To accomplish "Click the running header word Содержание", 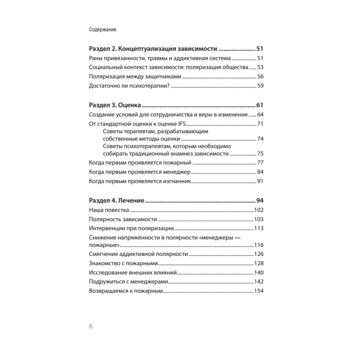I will (x=102, y=30).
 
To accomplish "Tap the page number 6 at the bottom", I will (x=91, y=327).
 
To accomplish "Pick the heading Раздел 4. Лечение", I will (x=116, y=200).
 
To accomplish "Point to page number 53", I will (x=261, y=67).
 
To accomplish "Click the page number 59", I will (x=261, y=86).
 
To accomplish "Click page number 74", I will (x=261, y=139).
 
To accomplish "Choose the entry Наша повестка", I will (x=109, y=210).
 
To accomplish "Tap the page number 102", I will (x=259, y=210).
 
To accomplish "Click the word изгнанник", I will (x=175, y=181).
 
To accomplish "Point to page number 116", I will (x=259, y=245).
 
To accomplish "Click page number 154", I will (x=259, y=291).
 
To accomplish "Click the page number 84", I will (x=261, y=172).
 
